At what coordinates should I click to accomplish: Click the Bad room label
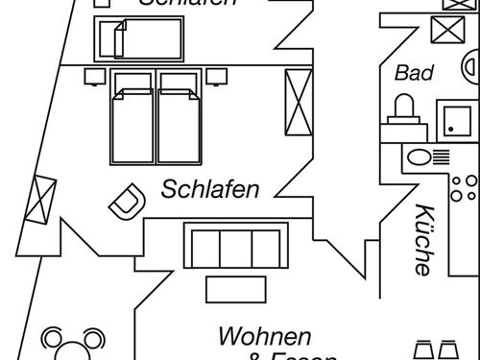click(414, 73)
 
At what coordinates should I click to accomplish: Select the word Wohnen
click(265, 337)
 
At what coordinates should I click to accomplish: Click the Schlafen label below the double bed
click(210, 188)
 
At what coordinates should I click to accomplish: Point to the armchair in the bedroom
click(124, 202)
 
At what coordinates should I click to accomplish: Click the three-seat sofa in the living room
click(235, 247)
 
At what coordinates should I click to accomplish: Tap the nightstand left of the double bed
click(93, 74)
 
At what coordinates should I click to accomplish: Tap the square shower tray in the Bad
click(449, 119)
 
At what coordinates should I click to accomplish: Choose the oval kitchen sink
click(421, 156)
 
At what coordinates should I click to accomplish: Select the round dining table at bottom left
click(71, 348)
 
